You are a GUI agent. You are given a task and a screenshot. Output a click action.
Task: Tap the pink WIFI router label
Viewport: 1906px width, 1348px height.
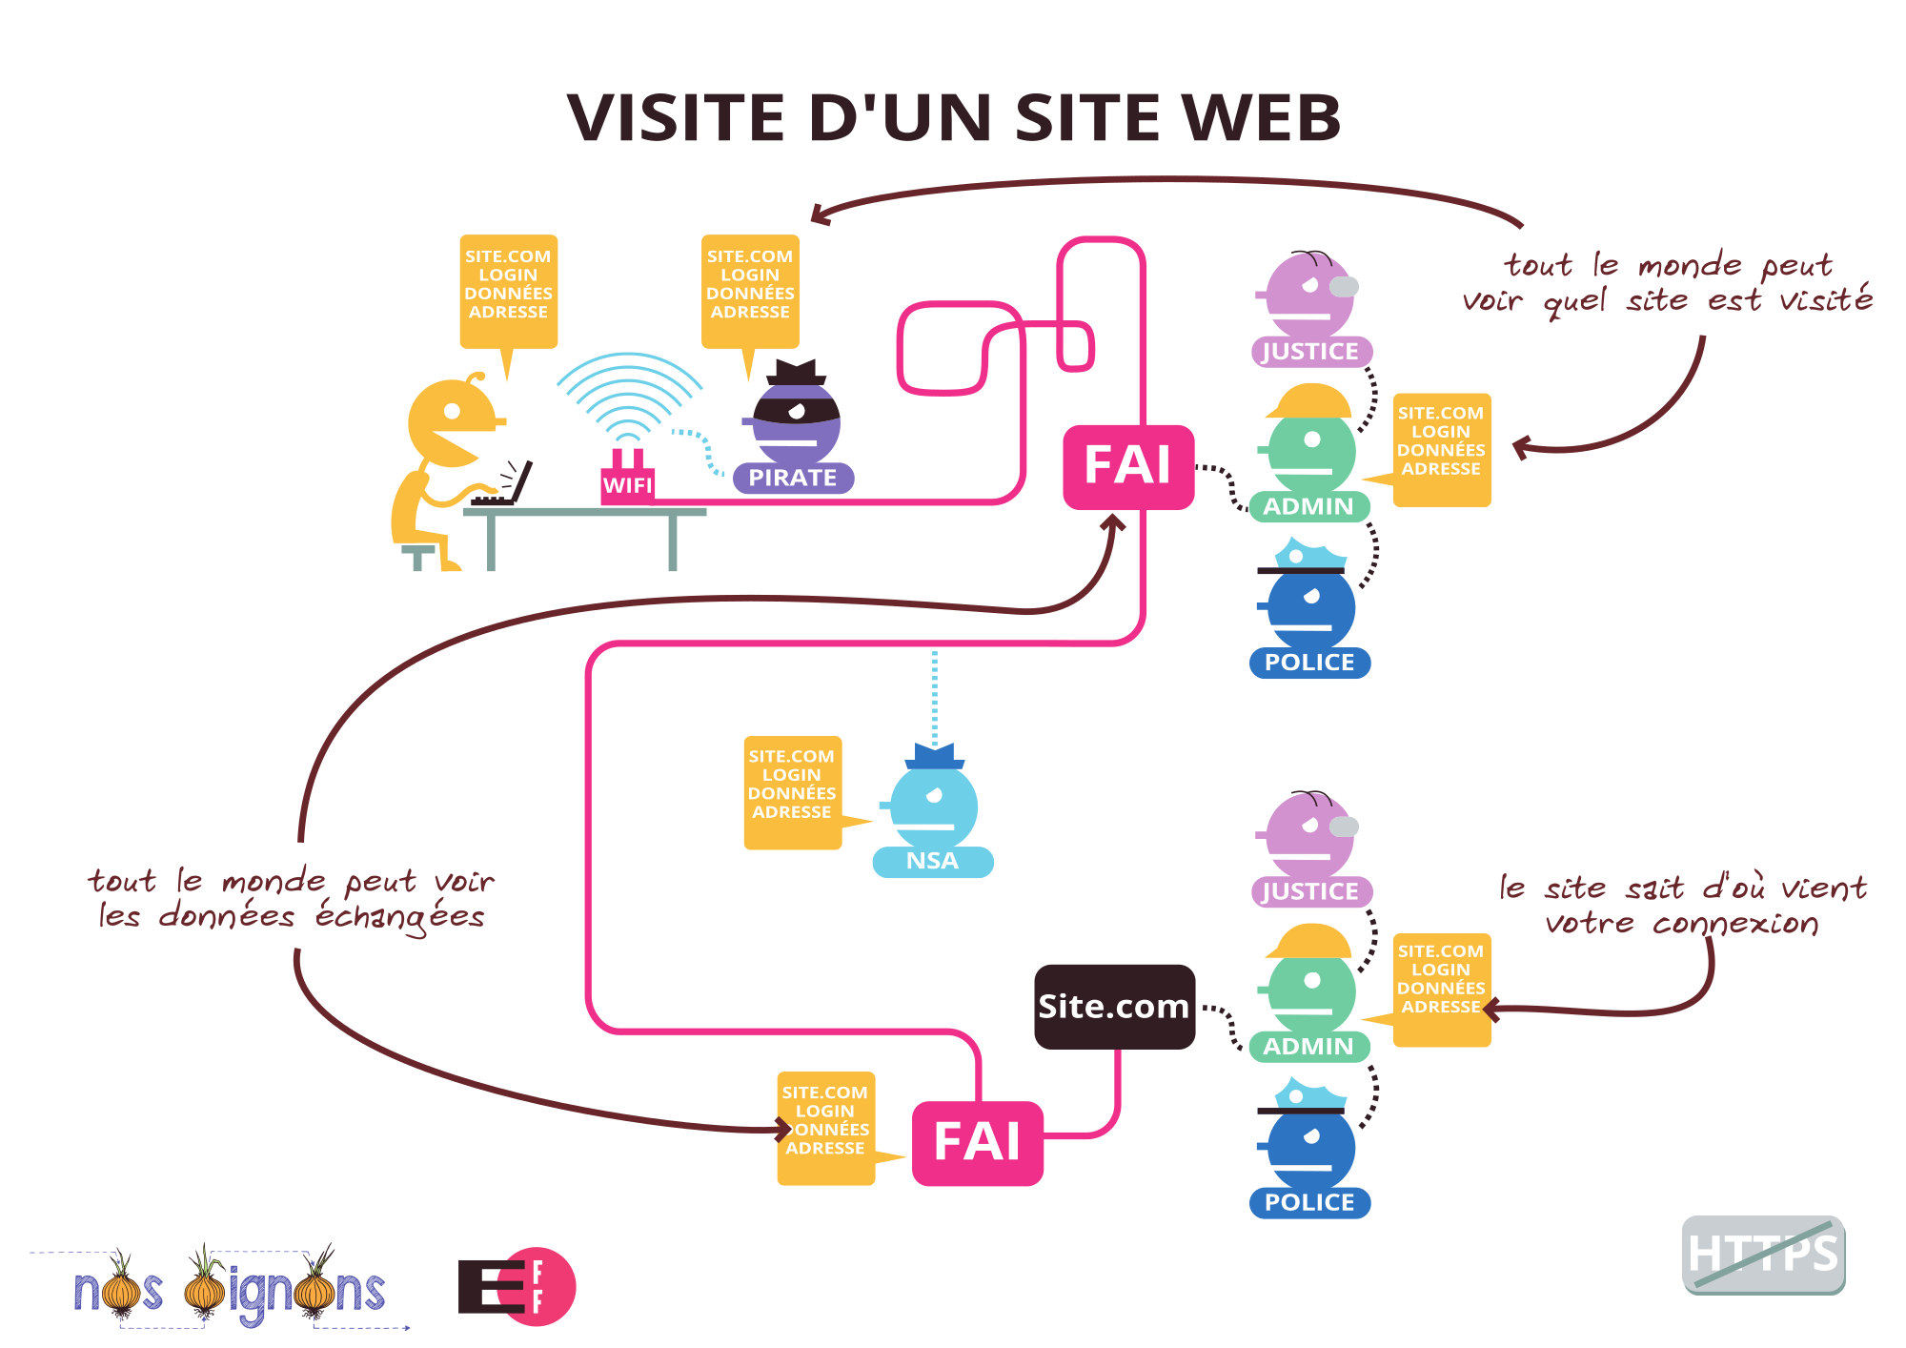point(628,485)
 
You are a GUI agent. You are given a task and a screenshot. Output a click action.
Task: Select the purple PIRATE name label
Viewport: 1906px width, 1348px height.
point(793,478)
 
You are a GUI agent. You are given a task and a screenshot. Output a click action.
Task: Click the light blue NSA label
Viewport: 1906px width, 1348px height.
point(932,861)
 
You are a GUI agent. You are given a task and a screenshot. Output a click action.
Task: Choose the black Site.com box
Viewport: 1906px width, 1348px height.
point(1114,1007)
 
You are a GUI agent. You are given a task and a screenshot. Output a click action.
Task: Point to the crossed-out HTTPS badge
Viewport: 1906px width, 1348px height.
point(1763,1254)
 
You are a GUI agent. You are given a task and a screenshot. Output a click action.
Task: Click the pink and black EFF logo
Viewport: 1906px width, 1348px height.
point(517,1287)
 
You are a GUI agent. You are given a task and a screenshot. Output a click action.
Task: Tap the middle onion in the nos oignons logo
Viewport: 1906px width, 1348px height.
point(205,1288)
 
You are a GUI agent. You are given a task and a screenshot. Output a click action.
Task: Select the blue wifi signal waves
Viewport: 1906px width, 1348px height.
point(629,396)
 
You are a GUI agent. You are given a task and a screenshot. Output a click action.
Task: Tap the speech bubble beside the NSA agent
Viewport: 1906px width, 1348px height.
point(792,790)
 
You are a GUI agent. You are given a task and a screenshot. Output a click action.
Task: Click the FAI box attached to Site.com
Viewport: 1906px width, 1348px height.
point(977,1143)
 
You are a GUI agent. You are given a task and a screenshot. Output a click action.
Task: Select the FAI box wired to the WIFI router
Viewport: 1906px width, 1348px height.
point(1128,466)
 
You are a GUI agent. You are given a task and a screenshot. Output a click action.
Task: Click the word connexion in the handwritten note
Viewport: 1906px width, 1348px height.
point(1734,923)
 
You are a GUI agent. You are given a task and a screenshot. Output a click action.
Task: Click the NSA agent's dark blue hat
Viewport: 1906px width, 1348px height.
point(935,757)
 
